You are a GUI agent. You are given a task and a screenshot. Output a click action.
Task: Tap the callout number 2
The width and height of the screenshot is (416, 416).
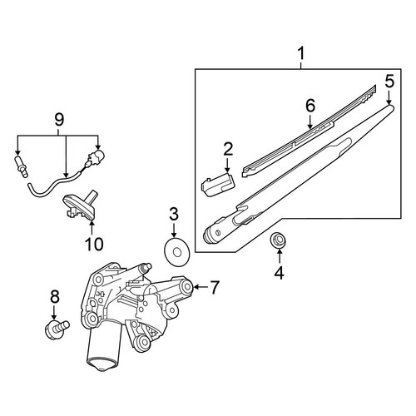point(228,150)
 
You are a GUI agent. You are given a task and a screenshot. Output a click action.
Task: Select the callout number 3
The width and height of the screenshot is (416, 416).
point(174,215)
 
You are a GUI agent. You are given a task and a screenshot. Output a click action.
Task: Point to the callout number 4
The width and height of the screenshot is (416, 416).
point(280,272)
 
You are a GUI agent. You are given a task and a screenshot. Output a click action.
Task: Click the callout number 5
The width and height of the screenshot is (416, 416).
point(389,82)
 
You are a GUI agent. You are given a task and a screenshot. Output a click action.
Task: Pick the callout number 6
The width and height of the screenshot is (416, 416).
point(310,106)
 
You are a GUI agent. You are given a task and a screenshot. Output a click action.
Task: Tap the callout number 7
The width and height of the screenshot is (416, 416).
point(215,287)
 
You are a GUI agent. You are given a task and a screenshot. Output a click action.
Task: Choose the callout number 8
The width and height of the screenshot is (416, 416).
point(55,297)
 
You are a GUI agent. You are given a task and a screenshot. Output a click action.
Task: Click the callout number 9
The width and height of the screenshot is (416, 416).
point(59,120)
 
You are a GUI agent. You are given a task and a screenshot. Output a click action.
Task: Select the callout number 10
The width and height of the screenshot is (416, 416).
point(94,244)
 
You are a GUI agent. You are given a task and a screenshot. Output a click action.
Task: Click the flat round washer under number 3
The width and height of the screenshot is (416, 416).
point(176,252)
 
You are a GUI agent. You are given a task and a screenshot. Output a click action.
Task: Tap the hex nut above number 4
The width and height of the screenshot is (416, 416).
point(278,240)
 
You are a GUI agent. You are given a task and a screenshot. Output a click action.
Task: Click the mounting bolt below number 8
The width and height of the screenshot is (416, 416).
point(57,329)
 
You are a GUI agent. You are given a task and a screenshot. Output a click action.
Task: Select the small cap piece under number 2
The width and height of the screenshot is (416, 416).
point(218,184)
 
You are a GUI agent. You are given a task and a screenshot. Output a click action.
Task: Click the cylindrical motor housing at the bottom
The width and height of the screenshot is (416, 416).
point(105,347)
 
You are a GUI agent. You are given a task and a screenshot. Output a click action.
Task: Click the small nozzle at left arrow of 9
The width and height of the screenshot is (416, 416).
point(21,166)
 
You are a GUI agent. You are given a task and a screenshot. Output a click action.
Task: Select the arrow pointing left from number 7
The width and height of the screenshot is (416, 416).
point(201,287)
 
